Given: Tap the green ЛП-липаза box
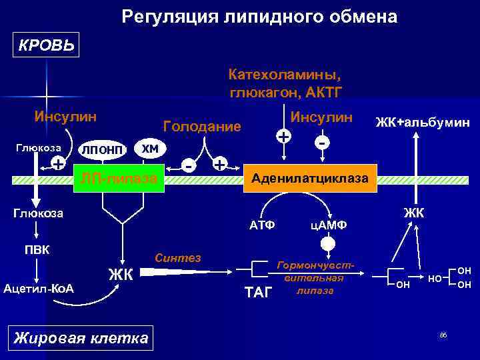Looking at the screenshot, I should coord(119,178).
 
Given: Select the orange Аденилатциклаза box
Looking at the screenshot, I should coord(313,178).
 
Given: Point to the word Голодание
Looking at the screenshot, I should coord(201,126).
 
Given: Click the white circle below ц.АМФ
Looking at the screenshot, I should coord(327,244).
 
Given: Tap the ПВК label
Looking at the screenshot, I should coord(37,251).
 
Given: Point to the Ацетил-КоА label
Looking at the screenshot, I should coord(38,288).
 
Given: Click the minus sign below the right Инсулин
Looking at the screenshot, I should coord(323,143).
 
